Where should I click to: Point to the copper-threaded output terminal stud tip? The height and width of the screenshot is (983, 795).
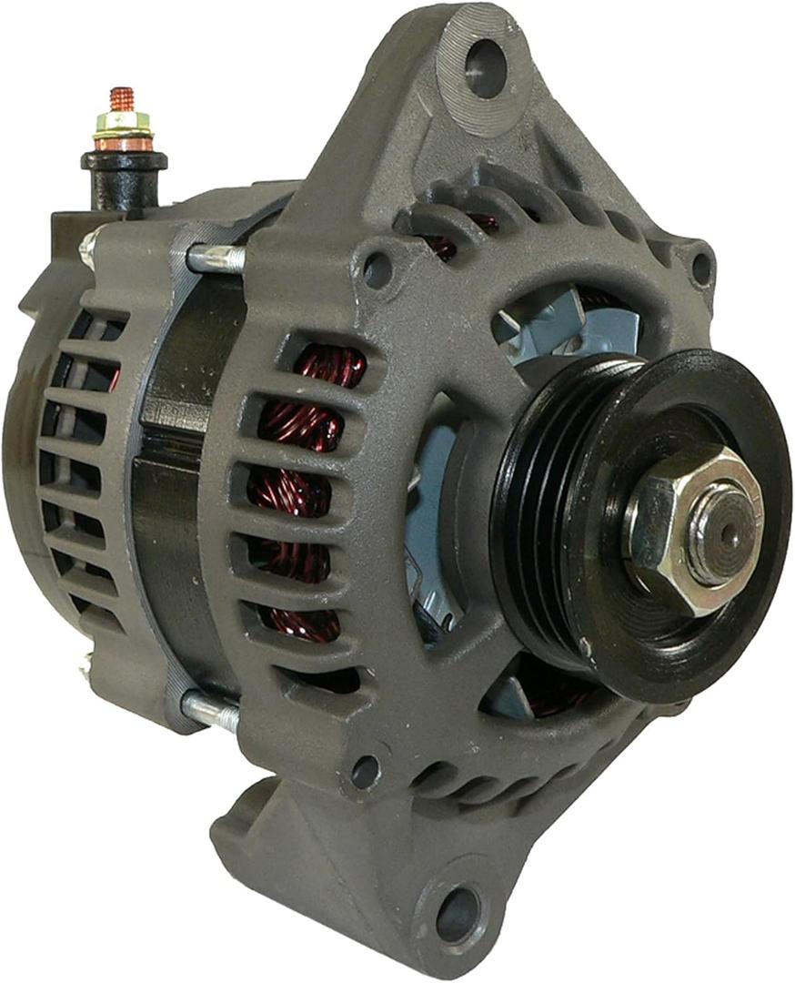[122, 97]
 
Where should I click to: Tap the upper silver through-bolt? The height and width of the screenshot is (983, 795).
[216, 258]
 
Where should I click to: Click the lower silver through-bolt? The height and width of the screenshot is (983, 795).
[211, 709]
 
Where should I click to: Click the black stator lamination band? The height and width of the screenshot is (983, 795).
[173, 510]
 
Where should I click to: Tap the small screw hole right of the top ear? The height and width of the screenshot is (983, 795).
[700, 268]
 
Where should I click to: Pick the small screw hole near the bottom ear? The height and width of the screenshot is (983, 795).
[366, 772]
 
